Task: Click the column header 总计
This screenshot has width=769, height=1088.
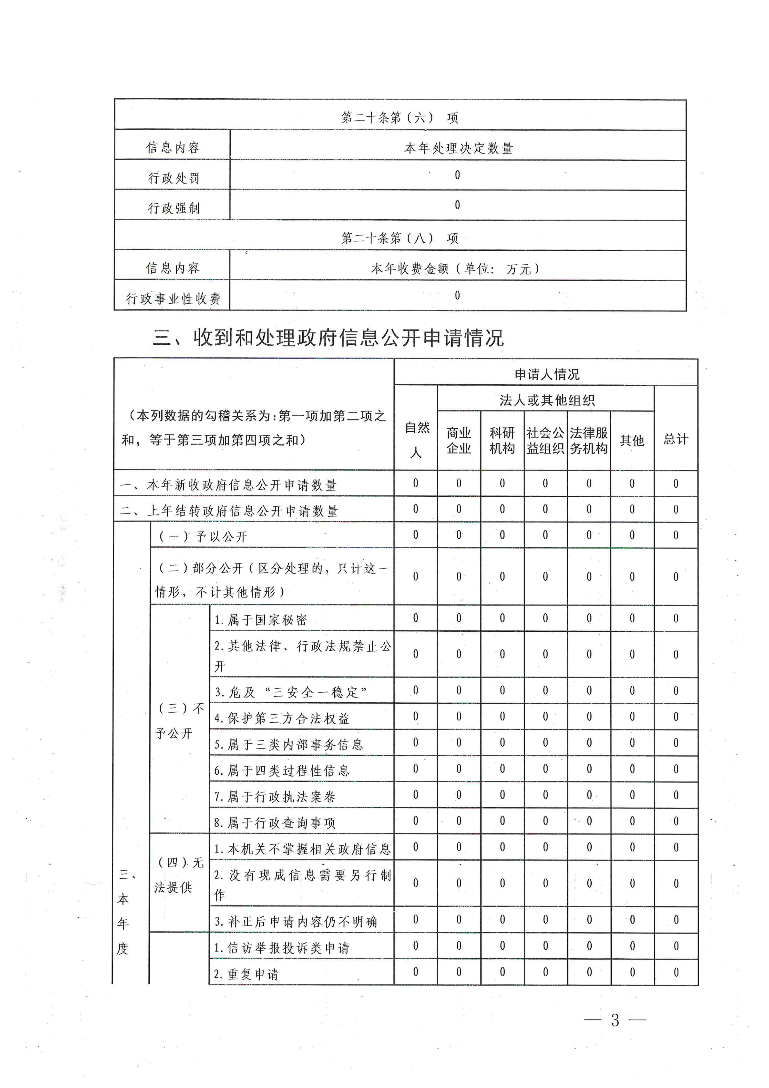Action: coord(676,439)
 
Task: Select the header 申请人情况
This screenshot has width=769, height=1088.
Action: coord(547,374)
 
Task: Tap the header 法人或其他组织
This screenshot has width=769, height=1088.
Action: coord(547,400)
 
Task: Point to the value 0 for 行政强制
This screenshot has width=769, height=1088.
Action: coord(457,205)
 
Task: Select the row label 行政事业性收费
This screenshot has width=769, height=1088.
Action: coord(173,299)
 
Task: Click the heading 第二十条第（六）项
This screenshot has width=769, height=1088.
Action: coord(400,118)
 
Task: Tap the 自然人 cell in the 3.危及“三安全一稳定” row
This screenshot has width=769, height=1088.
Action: coord(416,691)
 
